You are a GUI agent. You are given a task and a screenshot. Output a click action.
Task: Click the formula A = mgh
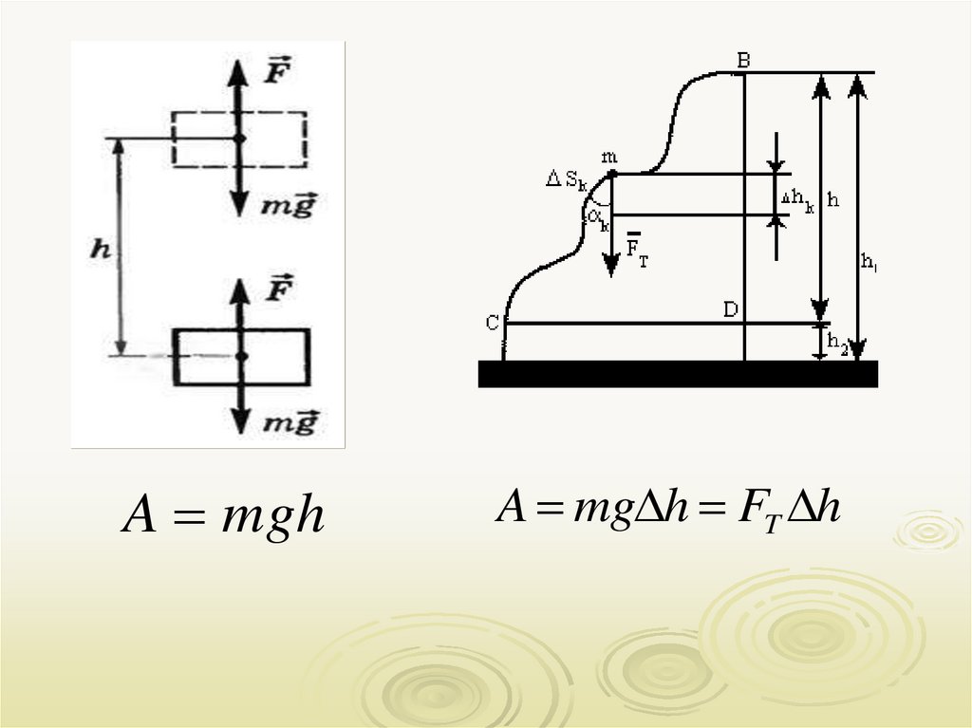[223, 516]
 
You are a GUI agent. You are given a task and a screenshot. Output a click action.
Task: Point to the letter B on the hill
[744, 61]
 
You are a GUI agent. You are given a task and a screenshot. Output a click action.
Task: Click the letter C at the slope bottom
[493, 323]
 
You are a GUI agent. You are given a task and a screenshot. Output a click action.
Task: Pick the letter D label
[730, 309]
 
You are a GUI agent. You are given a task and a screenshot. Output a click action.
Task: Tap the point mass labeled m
[611, 174]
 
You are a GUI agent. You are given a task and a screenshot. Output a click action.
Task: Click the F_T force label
[637, 253]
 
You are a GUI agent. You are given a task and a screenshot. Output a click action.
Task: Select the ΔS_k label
[567, 178]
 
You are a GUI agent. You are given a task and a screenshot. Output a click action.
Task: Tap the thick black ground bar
[678, 374]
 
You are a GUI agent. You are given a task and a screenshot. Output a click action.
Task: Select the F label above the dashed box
[276, 73]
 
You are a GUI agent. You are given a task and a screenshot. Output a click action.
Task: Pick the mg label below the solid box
[288, 422]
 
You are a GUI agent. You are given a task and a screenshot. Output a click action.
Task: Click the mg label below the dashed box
[289, 205]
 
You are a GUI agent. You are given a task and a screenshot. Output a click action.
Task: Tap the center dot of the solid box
[241, 356]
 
